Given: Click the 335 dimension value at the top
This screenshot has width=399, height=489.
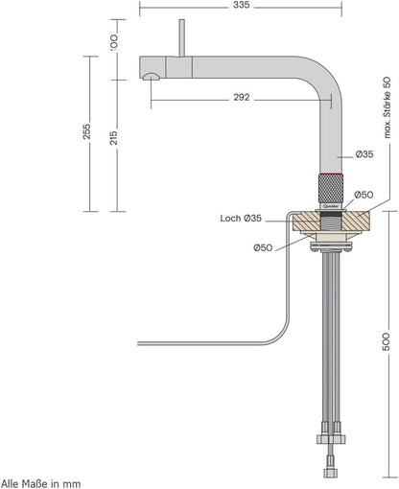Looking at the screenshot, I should pos(241,6).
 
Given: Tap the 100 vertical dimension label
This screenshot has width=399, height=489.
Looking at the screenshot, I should pos(112,43).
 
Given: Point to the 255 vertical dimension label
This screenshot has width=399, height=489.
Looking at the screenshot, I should pos(86,130).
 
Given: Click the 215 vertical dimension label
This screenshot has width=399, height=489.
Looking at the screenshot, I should pos(113,140).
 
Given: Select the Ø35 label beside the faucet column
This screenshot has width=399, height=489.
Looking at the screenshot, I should pos(364,154).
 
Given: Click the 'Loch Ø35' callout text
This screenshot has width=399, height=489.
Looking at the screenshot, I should pos(240,219).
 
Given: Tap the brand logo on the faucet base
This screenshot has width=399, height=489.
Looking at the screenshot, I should pos(330,202).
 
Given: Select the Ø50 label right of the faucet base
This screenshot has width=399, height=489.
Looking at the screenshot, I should pos(364,195).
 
